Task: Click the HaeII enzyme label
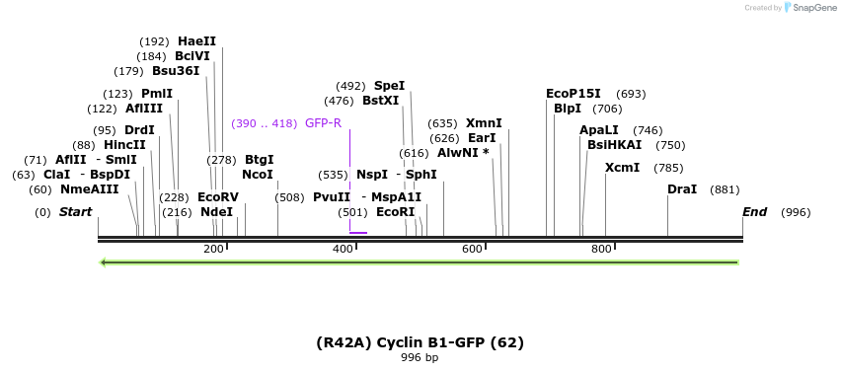pos(196,41)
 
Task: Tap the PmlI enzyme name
pos(157,94)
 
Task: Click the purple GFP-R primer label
pos(323,123)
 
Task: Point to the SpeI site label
pos(389,86)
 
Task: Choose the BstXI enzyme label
pos(380,101)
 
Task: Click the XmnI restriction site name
pos(484,123)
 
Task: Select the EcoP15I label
pos(573,94)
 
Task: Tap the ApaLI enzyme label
pos(599,130)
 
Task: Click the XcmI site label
pos(622,168)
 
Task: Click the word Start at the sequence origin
pos(75,212)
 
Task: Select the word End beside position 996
pos(754,212)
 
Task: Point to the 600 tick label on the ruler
pos(472,249)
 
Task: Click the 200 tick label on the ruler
pos(213,249)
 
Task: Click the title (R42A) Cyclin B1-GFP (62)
pos(420,342)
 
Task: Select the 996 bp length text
pos(420,357)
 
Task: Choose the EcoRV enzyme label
pos(218,197)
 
